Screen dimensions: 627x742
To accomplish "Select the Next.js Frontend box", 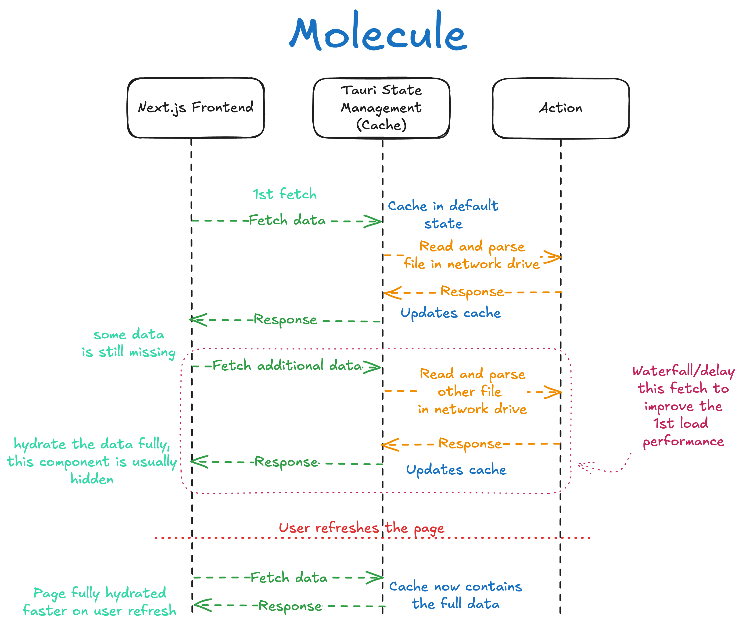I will click(196, 108).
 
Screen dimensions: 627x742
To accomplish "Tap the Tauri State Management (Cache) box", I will click(381, 108).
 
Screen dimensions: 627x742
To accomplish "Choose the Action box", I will click(560, 108).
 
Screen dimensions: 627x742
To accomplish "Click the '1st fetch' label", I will click(284, 194).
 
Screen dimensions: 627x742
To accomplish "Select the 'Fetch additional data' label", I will click(287, 366).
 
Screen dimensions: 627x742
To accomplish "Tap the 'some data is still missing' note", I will click(129, 343).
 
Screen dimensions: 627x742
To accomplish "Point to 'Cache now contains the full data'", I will click(455, 595).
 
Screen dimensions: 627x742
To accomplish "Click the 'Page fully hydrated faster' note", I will click(100, 601).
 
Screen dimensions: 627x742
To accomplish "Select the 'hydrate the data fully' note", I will click(92, 461).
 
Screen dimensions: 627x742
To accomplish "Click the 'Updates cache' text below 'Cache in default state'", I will click(451, 313).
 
